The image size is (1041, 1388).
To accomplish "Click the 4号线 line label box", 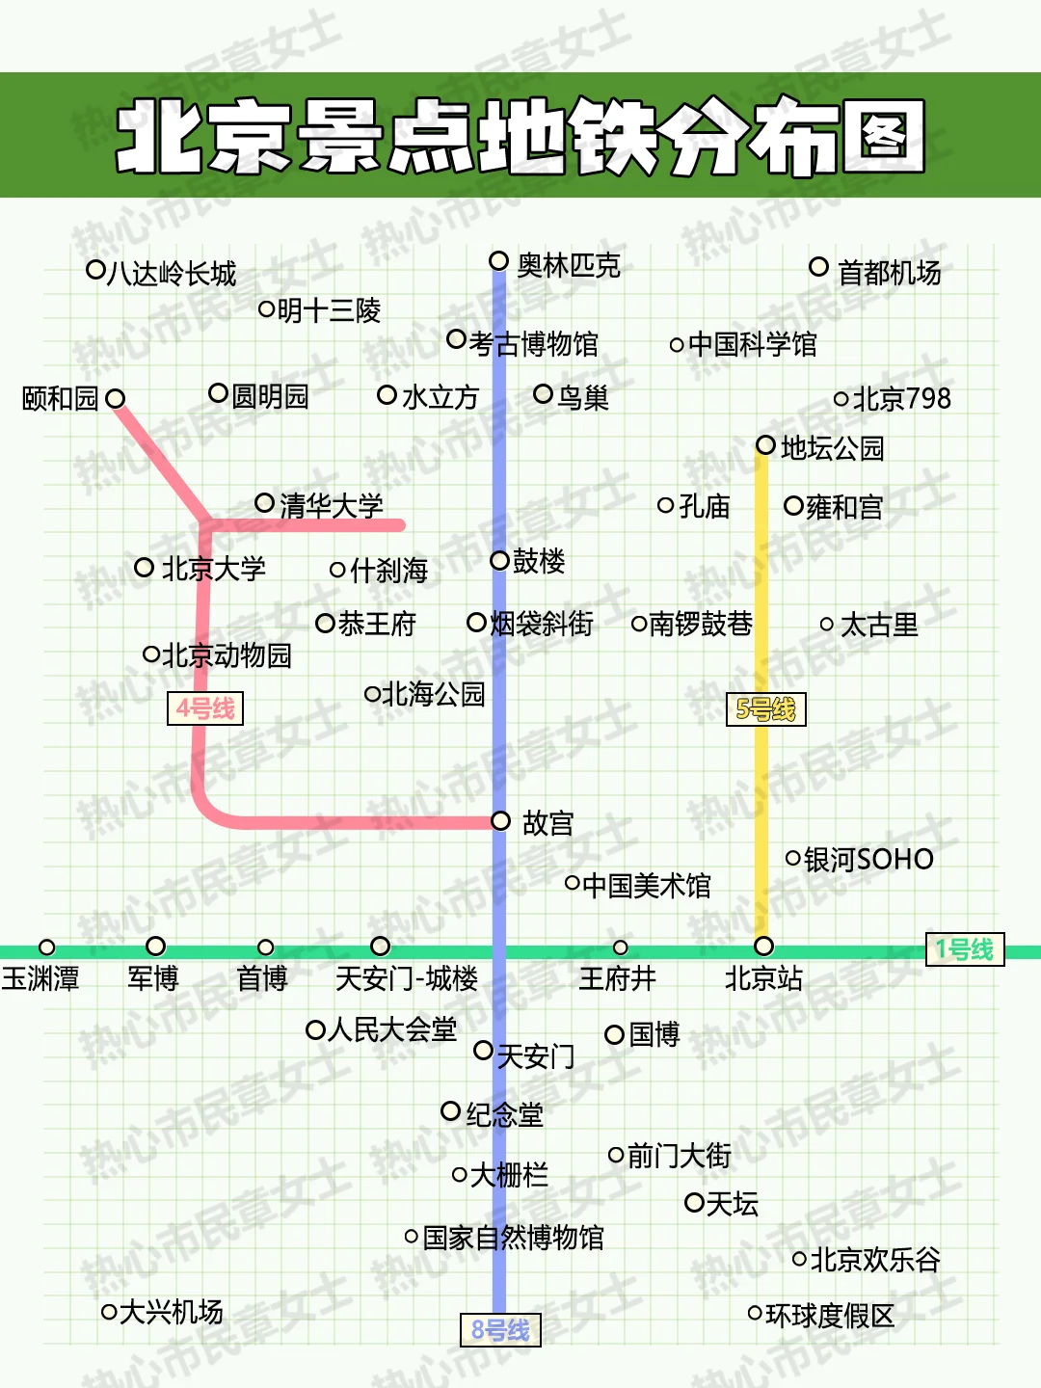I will (x=205, y=708).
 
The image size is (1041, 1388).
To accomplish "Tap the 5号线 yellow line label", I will (x=765, y=709).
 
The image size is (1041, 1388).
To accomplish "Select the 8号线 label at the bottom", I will (x=500, y=1330).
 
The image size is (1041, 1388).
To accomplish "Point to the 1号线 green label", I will (x=964, y=949).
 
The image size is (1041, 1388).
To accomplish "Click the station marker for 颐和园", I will (x=116, y=398).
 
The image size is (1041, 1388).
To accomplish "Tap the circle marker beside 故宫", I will (x=500, y=821).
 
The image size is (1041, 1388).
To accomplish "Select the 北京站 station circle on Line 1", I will (x=763, y=947).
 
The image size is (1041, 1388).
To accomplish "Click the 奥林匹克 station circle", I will (x=498, y=261).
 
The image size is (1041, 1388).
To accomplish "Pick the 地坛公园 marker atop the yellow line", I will (x=765, y=445).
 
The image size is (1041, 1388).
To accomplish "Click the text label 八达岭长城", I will (x=172, y=274).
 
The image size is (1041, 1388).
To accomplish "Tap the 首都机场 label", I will (x=889, y=273).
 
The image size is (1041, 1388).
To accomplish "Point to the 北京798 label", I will (x=902, y=398).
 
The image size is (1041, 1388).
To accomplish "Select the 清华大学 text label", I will (x=331, y=505).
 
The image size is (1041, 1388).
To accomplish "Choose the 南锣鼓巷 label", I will (x=701, y=625).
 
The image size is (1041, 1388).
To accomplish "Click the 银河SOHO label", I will (x=868, y=859).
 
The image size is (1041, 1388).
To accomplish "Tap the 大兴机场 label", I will (x=172, y=1312).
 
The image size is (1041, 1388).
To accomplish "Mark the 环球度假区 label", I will (x=830, y=1316).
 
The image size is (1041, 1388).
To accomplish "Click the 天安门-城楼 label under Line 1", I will (x=406, y=979).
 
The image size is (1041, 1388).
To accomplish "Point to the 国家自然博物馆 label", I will (x=514, y=1238).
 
